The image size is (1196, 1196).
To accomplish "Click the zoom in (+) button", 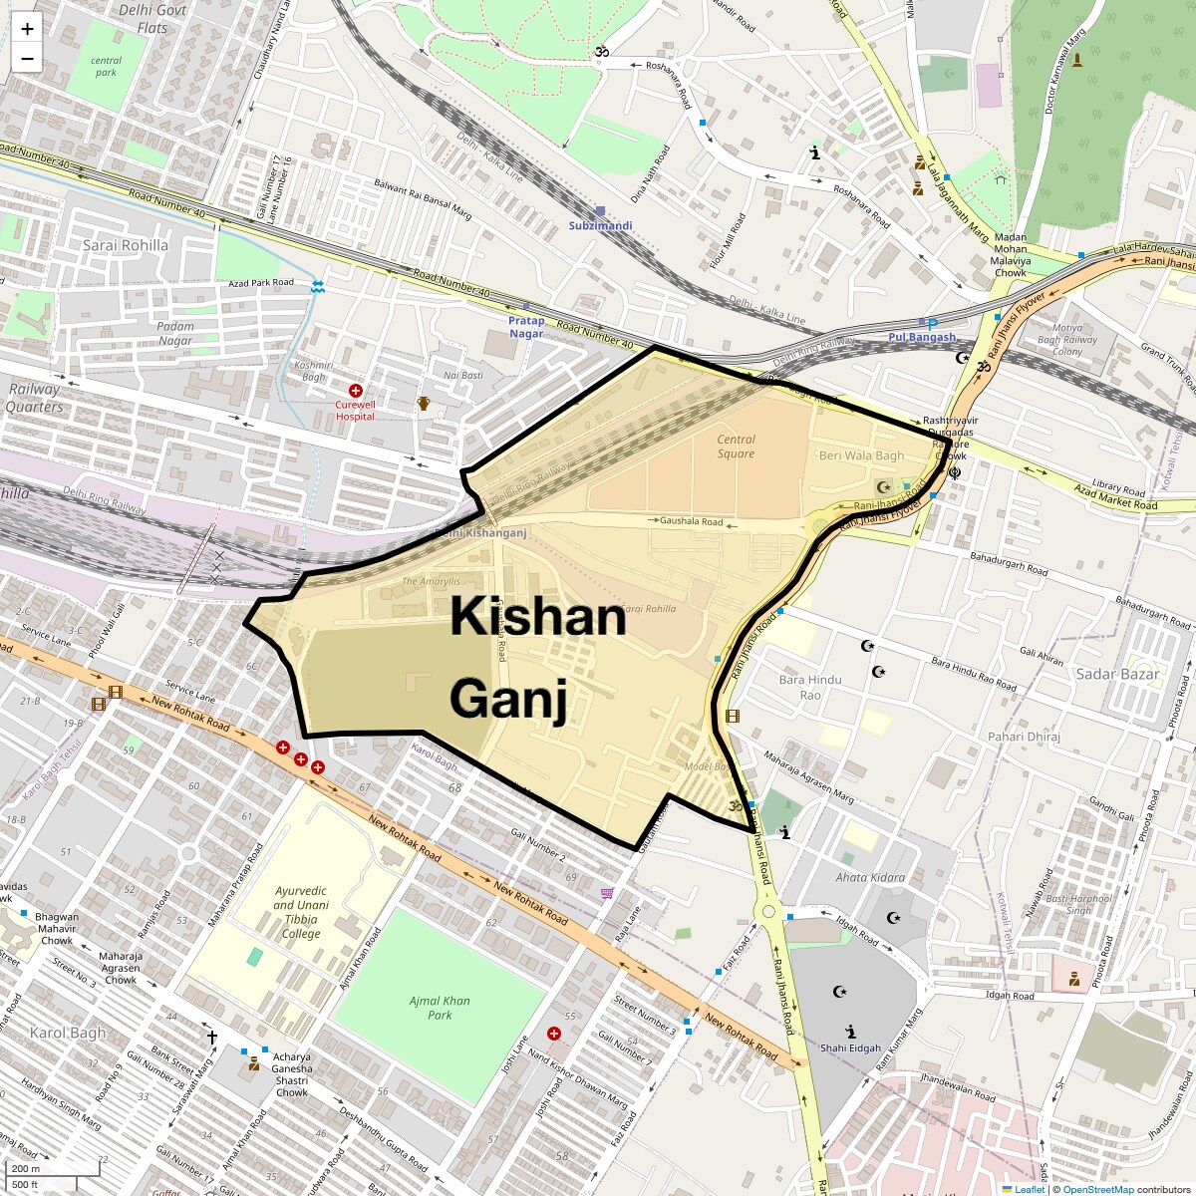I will coord(27,29).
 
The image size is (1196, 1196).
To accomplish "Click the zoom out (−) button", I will coord(27,59).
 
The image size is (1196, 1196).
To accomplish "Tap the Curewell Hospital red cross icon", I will coord(355,391).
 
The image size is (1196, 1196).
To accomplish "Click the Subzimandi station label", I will coord(600,225).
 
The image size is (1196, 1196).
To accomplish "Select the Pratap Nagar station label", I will coord(526,327).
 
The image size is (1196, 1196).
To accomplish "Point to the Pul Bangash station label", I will coord(921,337).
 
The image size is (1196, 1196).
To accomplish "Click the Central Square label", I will coord(736,447).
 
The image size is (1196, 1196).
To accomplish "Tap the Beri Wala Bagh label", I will coord(861,455).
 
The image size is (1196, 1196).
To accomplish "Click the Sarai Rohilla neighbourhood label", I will coord(126,245).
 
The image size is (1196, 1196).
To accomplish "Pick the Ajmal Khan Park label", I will coord(440,1008).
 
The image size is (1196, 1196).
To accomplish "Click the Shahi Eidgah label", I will coord(850,1047).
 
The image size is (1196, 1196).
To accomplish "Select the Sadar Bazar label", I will coord(1117,674).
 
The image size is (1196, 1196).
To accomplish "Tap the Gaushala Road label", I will coord(691,521).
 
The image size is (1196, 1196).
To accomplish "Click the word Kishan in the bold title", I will coord(537,617).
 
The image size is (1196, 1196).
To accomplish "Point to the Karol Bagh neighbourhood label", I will coord(68,1032).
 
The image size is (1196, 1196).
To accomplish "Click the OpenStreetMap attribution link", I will coord(1097,1189).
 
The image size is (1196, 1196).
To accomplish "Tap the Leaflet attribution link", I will coord(1030,1189).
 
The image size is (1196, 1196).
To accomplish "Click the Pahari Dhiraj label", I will coord(1024,737).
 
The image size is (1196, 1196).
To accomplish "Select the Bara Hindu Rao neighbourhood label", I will coord(810,687).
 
